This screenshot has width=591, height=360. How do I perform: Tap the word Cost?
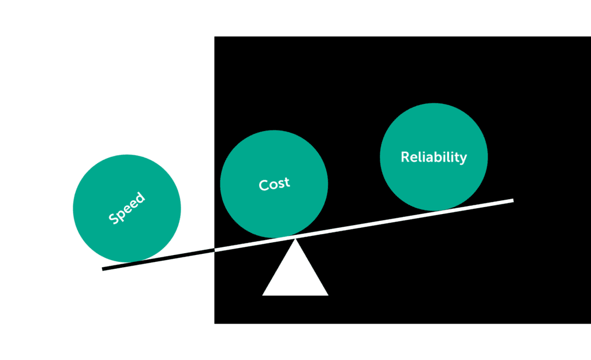(x=274, y=184)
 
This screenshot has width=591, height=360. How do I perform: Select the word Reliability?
(x=433, y=157)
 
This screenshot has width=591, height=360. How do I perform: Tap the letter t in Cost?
(x=287, y=183)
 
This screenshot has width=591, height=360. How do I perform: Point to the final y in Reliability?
(x=463, y=159)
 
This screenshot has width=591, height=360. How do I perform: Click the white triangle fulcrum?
(x=295, y=274)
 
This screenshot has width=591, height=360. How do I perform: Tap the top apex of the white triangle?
(x=295, y=239)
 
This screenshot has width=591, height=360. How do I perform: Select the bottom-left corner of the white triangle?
(x=263, y=295)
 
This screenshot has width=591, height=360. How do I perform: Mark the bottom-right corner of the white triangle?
(x=328, y=295)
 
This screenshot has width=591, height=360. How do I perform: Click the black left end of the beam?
(x=104, y=268)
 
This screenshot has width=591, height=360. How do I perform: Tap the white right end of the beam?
(x=511, y=201)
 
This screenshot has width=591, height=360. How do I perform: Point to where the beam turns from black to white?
(x=215, y=250)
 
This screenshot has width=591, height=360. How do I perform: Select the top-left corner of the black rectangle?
(x=215, y=37)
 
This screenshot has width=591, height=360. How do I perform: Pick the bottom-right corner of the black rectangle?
(x=590, y=323)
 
